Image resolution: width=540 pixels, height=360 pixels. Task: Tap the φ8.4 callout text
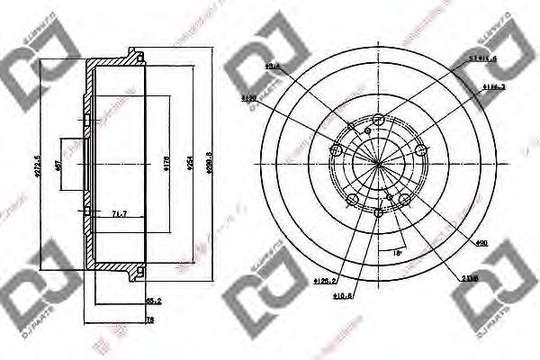pyautogui.click(x=271, y=66)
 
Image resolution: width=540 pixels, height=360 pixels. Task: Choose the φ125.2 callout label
pyautogui.click(x=326, y=282)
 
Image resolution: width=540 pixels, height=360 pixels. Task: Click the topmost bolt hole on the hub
pyautogui.click(x=378, y=120)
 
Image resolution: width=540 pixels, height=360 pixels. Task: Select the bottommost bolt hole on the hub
pyautogui.click(x=378, y=212)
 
